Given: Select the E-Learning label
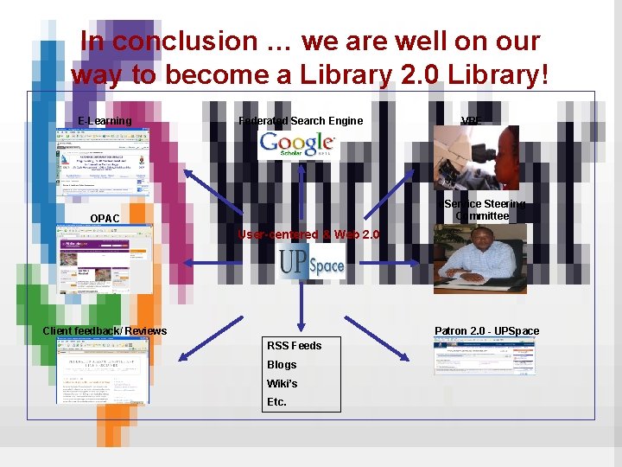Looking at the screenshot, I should point(105,121).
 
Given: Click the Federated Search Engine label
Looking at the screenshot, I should point(301,121).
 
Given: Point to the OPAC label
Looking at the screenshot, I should point(105,218).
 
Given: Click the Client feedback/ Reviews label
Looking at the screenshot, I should point(105,331).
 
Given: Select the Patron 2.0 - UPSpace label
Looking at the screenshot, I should point(486,331).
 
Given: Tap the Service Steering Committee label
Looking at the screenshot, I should point(484,210).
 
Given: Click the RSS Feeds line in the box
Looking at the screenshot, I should point(294,346).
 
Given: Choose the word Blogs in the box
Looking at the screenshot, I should point(282,365).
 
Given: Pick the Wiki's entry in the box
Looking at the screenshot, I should point(282,384).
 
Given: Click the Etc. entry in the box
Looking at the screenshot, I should point(276,402).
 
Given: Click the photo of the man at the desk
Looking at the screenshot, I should point(479,259).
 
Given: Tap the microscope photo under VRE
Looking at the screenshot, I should point(475,157).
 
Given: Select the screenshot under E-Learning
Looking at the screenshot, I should point(103,165).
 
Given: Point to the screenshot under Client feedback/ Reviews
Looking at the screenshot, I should point(103,370).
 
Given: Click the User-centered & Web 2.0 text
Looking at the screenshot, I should point(308,235).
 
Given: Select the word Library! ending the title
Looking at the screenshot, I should point(502,75).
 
